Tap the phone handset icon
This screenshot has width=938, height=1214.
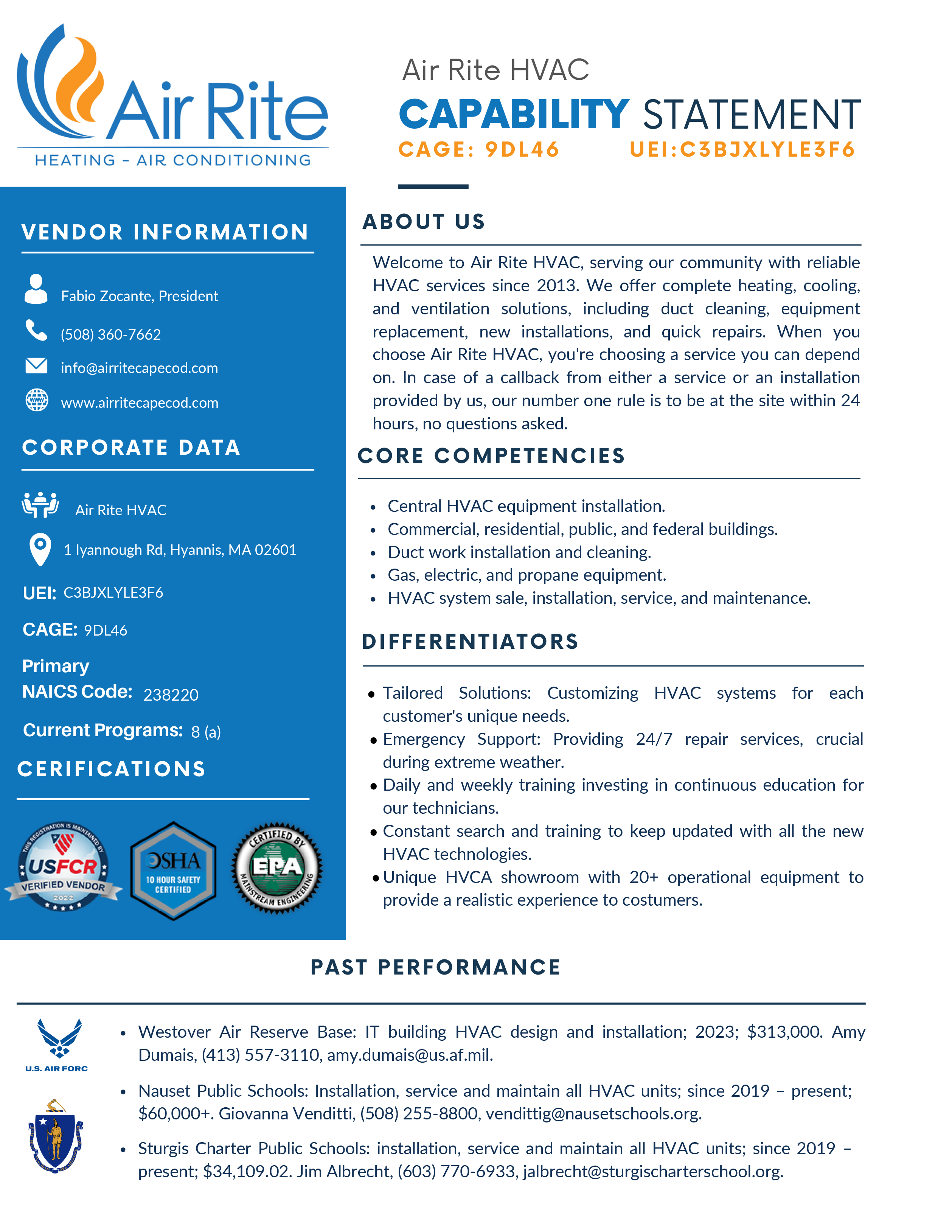(x=36, y=330)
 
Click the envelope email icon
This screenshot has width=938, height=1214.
(x=37, y=366)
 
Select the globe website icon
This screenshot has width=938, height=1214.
(x=37, y=400)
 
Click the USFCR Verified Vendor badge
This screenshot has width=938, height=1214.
(x=63, y=867)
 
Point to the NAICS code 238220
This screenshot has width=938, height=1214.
(x=171, y=695)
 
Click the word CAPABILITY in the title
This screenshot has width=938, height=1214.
(x=514, y=115)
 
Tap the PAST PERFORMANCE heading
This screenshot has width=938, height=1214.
(x=436, y=967)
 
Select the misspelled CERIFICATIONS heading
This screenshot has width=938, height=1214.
(x=112, y=769)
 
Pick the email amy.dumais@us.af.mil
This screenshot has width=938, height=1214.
(x=410, y=1055)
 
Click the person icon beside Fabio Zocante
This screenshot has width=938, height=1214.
(x=36, y=289)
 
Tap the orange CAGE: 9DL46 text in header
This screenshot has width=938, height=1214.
(x=478, y=149)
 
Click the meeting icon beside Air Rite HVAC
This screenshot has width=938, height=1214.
(x=40, y=505)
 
